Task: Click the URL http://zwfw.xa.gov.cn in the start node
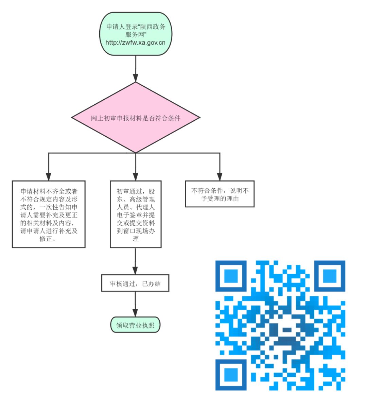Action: click(135, 43)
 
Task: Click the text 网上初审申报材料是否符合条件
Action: click(136, 118)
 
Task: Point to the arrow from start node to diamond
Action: click(136, 68)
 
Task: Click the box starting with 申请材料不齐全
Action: click(49, 214)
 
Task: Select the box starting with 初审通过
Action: click(136, 214)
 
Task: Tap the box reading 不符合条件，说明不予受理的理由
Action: click(220, 194)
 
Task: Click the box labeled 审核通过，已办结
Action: click(135, 284)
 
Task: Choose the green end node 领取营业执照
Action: click(135, 325)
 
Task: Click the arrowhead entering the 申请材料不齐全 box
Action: click(49, 176)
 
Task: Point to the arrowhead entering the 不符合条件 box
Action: click(220, 176)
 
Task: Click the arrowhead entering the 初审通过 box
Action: click(136, 176)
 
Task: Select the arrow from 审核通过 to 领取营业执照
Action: click(135, 304)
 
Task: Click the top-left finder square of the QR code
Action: click(231, 276)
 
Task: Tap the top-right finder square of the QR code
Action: click(329, 276)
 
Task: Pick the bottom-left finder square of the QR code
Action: click(231, 374)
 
